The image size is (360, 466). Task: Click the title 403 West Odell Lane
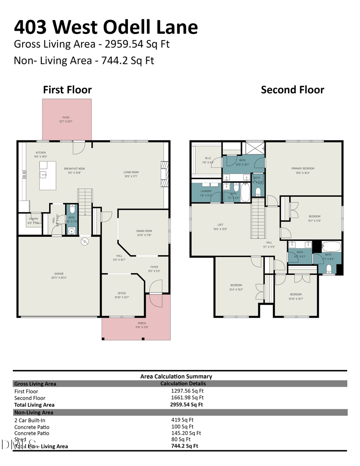(x=106, y=27)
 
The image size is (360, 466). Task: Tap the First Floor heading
(x=67, y=90)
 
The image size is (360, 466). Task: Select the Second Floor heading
(x=292, y=90)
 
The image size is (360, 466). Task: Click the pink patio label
(x=66, y=117)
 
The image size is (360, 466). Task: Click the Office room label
(x=122, y=293)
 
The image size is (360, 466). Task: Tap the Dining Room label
(x=144, y=231)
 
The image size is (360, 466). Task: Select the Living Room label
(x=131, y=172)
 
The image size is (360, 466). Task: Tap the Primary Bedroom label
(x=303, y=168)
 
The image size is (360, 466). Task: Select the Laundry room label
(x=206, y=191)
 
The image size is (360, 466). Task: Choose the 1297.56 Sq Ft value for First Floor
(x=187, y=391)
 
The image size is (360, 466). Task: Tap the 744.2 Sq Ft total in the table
(x=184, y=446)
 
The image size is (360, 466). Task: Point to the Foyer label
(x=154, y=267)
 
